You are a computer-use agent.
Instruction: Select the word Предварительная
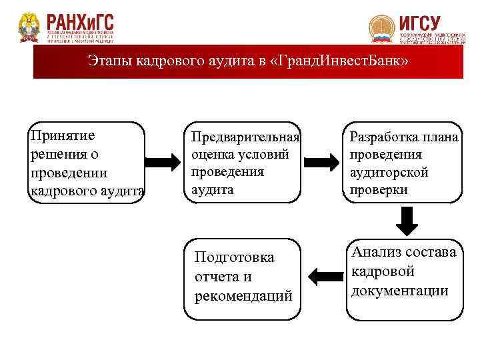pyautogui.click(x=245, y=137)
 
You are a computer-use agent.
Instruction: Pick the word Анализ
pyautogui.click(x=376, y=252)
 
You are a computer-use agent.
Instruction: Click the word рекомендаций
pyautogui.click(x=243, y=296)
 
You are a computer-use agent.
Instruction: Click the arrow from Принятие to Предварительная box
pyautogui.click(x=162, y=161)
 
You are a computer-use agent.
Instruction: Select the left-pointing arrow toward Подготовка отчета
pyautogui.click(x=323, y=275)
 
